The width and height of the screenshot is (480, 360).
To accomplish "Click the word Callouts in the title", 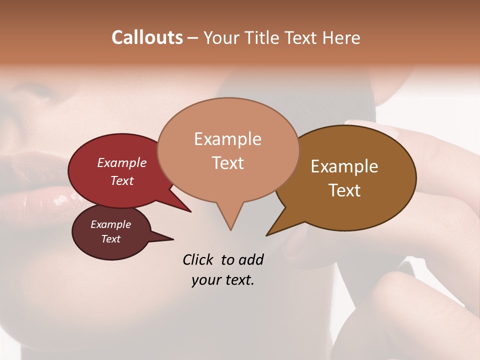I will (x=147, y=37).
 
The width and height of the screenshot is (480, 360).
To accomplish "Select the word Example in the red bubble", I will (x=122, y=162).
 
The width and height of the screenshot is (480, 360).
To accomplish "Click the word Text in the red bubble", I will (x=122, y=180).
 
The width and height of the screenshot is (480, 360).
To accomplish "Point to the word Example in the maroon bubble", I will (x=110, y=224).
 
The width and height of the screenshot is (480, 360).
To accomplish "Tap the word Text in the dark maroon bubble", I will (x=110, y=239).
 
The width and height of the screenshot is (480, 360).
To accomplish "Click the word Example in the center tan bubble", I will (x=227, y=139).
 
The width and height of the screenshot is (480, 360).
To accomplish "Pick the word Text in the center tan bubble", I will (x=227, y=163).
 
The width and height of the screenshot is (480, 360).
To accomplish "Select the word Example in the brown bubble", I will (x=344, y=166).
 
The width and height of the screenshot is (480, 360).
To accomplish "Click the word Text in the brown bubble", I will (x=344, y=190).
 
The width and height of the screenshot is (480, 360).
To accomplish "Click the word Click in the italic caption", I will (x=198, y=260).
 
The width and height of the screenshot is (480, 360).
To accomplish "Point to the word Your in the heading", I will (x=222, y=37).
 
